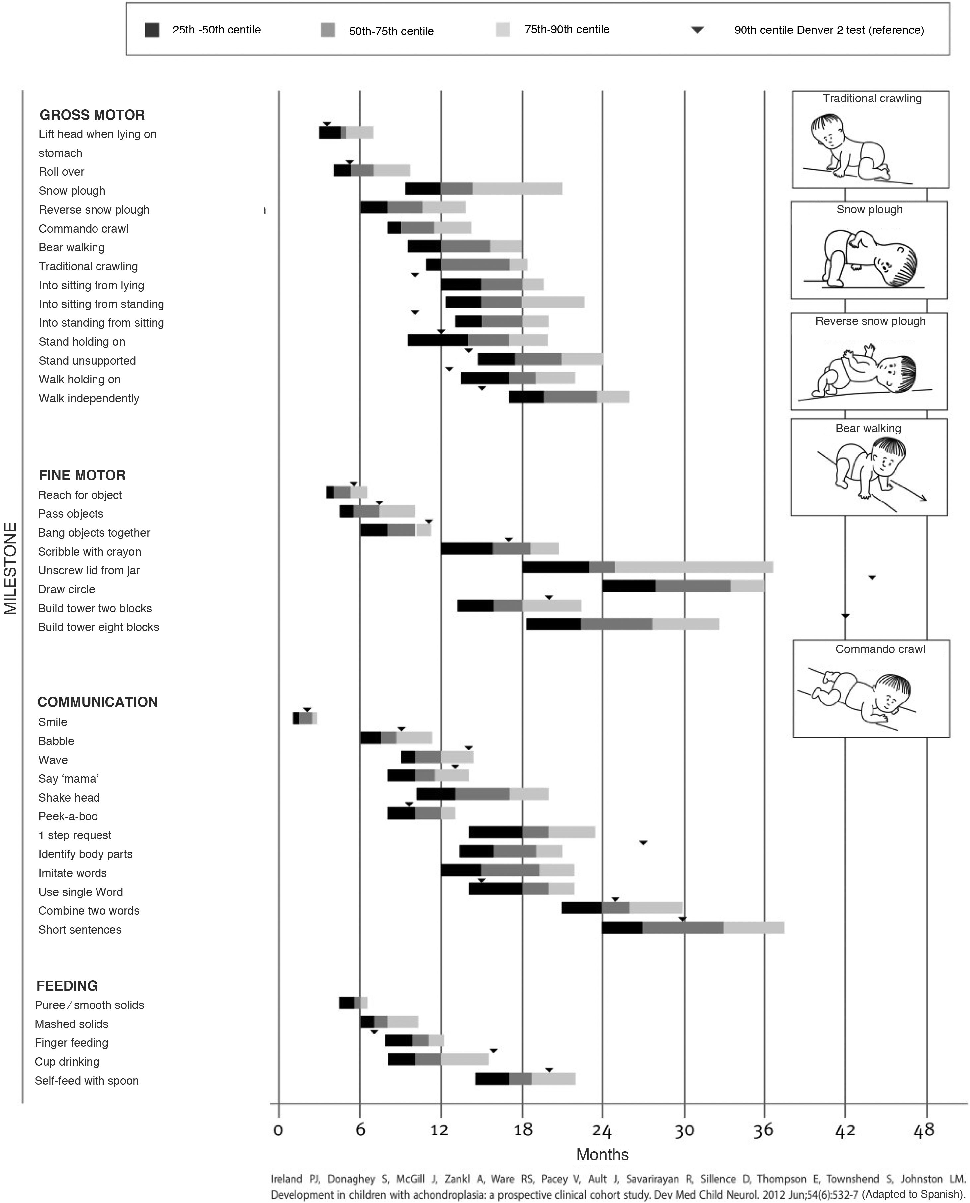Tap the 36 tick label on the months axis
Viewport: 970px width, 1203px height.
point(763,1130)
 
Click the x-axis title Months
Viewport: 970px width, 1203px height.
point(602,1154)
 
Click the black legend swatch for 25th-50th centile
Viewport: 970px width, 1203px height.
point(152,30)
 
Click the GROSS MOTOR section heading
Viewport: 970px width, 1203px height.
point(92,115)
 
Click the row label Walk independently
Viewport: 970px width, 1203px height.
point(89,398)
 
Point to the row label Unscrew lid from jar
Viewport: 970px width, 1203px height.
point(89,570)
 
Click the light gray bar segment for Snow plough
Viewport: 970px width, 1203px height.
point(517,189)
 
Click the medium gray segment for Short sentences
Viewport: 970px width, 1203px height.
point(683,927)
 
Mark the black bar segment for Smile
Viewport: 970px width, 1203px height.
point(296,718)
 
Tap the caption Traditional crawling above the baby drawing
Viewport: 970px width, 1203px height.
point(872,98)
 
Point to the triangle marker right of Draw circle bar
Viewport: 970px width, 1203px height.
point(872,577)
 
